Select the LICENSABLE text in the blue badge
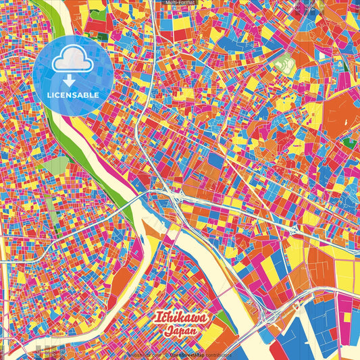[x=73, y=95]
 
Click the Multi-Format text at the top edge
[x=180, y=3]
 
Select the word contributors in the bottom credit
[x=215, y=354]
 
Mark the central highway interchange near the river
[x=177, y=197]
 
